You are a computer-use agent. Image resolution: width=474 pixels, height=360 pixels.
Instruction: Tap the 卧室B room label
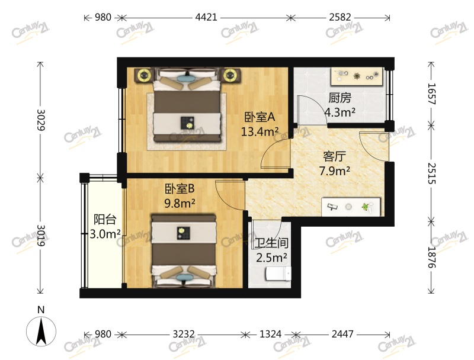coord(180,189)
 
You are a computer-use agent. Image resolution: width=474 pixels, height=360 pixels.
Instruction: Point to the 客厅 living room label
coord(335,157)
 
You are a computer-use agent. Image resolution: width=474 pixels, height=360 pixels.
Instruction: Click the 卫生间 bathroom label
coord(271,243)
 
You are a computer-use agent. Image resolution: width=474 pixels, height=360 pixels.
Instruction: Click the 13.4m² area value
coord(260,131)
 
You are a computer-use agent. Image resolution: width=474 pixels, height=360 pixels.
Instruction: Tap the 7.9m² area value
coord(335,172)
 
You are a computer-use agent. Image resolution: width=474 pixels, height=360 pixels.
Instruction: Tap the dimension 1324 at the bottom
coord(271,335)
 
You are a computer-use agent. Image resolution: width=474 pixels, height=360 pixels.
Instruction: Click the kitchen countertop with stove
coord(357,76)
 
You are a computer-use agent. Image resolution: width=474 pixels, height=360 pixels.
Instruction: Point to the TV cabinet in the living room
coord(350,207)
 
